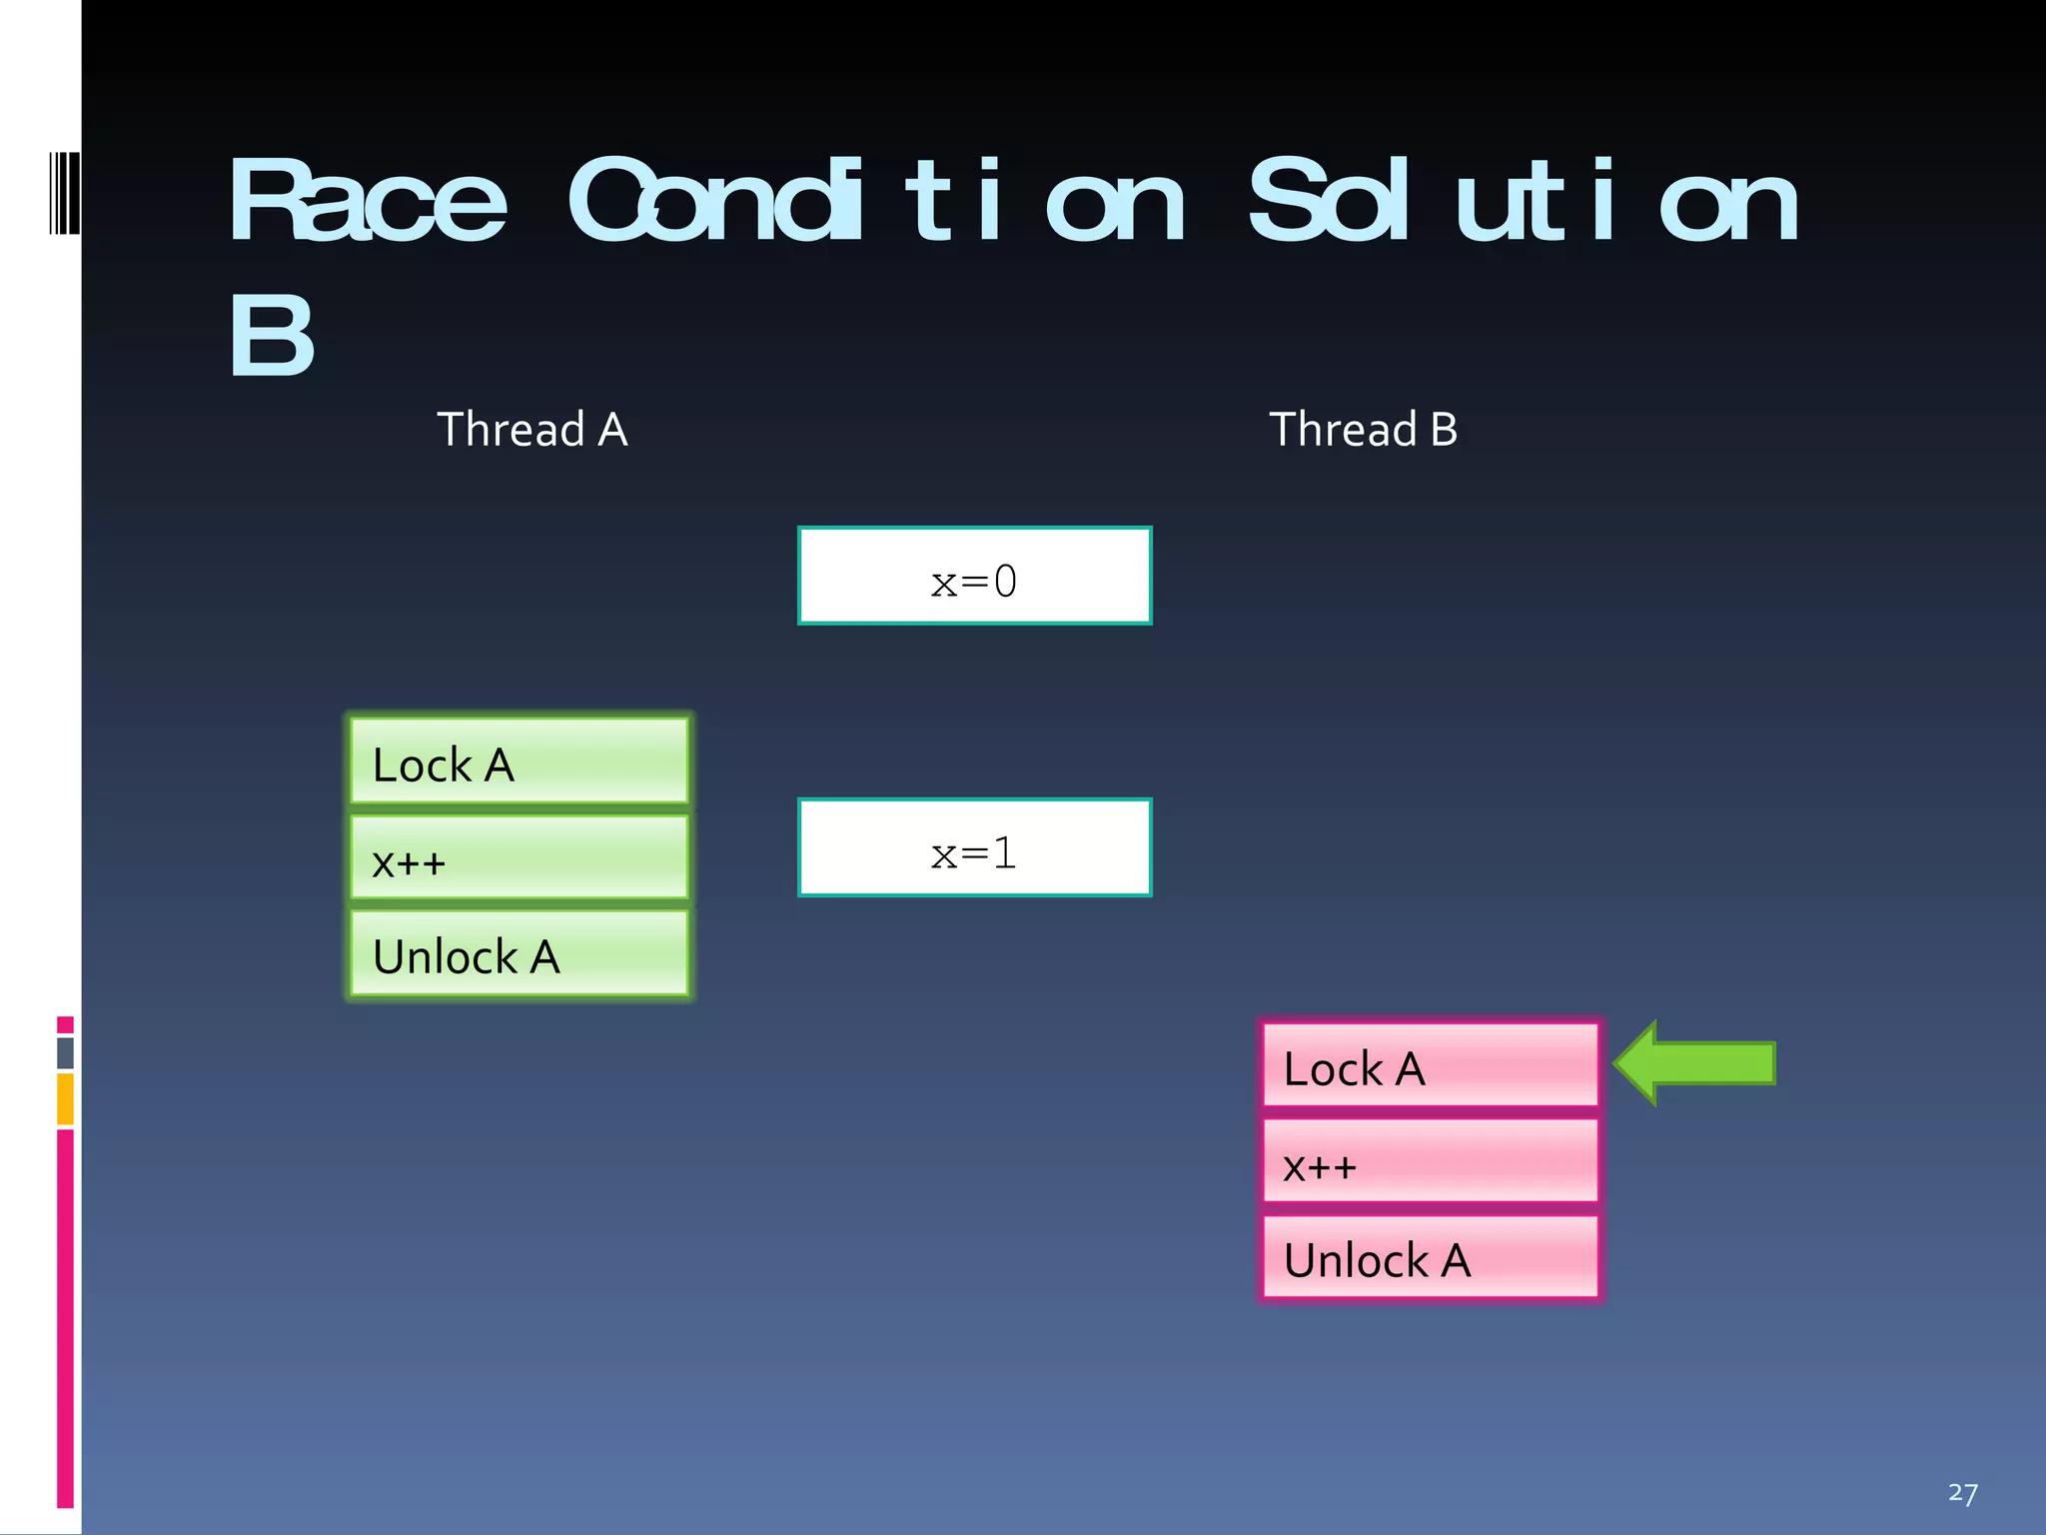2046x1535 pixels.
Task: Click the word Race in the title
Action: [368, 202]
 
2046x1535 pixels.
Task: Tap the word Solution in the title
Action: [1524, 202]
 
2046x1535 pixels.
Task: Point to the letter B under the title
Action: [272, 336]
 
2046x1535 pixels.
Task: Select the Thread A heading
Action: [531, 430]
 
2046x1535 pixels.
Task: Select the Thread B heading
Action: [1363, 430]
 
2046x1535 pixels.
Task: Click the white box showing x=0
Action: [974, 577]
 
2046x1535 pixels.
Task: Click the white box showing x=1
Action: [974, 847]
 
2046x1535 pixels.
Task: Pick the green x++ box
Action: [519, 857]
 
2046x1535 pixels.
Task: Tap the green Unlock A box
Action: [519, 953]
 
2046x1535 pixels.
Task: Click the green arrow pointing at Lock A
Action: [1698, 1063]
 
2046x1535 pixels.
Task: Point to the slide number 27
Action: [1962, 1493]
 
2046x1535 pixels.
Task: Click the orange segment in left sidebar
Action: [65, 1098]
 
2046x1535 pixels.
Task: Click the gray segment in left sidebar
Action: [65, 1052]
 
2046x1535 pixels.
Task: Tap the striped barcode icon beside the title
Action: [64, 193]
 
